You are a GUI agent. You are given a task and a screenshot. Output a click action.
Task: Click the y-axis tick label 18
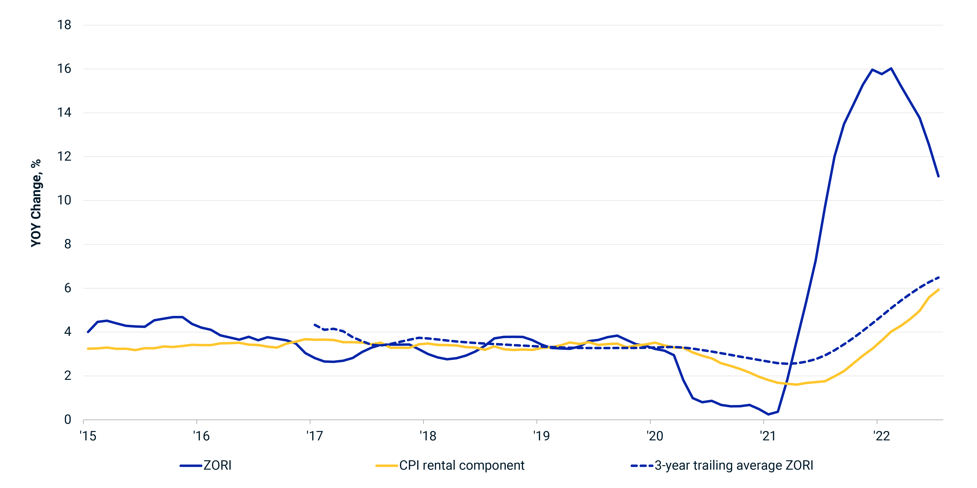pos(64,25)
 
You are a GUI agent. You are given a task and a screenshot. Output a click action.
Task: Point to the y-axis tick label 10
pos(64,200)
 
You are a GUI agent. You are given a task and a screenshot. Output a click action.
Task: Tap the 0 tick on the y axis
pos(67,420)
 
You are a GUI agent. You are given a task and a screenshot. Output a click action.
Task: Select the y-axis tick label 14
pos(64,112)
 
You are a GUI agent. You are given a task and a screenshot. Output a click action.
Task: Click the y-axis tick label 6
pos(67,288)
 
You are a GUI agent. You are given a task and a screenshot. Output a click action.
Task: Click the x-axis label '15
pos(88,436)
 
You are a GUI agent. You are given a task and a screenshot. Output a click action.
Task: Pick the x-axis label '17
pos(314,436)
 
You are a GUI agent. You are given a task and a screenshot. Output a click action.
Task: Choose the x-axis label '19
pos(541,436)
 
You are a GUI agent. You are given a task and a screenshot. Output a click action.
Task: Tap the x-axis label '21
pos(768,436)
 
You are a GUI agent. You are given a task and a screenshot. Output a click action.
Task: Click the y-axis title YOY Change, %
pos(36,203)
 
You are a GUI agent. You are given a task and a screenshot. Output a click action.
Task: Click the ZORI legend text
pos(217,465)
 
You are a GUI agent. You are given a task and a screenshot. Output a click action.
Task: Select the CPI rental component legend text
pos(462,465)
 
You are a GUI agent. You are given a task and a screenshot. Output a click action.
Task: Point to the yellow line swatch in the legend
pos(387,466)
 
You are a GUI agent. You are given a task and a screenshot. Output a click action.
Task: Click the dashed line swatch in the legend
pos(642,466)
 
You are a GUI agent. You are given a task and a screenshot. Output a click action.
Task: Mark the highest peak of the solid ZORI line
pos(891,69)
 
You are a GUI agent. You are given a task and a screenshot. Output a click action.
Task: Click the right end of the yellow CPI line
pos(938,290)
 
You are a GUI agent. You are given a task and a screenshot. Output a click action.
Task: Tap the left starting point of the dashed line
pos(314,325)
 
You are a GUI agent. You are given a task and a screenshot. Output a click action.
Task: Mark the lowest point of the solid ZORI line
pos(768,414)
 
